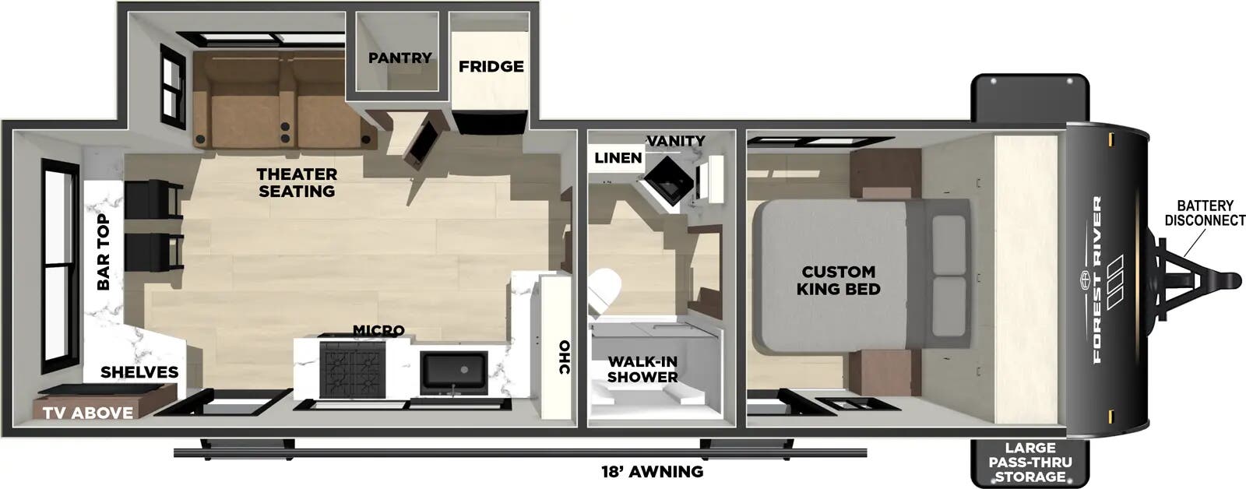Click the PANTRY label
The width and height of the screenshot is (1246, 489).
(x=399, y=58)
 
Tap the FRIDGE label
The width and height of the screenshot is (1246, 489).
(x=491, y=66)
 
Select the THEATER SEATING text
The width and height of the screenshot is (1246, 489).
(x=297, y=182)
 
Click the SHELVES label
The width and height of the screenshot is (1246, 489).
(x=139, y=372)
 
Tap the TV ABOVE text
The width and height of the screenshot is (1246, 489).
(x=87, y=413)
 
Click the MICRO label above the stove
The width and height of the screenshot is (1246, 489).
(x=378, y=331)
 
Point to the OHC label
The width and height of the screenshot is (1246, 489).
(x=565, y=357)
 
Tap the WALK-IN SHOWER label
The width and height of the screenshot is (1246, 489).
(x=642, y=369)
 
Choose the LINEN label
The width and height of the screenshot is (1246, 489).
(x=618, y=158)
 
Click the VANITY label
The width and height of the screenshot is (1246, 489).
(x=675, y=141)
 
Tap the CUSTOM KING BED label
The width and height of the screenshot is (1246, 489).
(x=839, y=280)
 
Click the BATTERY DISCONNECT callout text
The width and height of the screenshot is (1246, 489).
(x=1205, y=213)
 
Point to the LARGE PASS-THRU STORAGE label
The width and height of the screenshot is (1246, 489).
(x=1030, y=462)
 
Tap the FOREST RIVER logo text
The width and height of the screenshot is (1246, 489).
(x=1097, y=280)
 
